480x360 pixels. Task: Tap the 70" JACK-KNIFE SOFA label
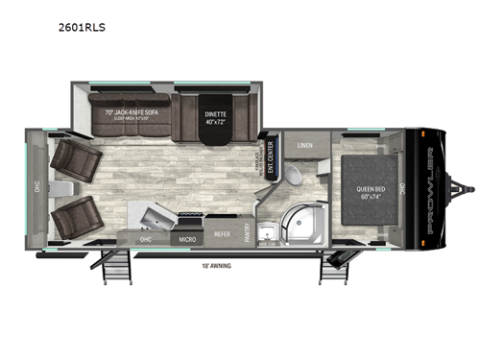pyautogui.click(x=132, y=112)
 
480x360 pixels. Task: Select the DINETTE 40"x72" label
pyautogui.click(x=214, y=119)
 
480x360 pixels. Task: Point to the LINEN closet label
pyautogui.click(x=304, y=146)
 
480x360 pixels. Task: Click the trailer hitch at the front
pyautogui.click(x=469, y=190)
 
